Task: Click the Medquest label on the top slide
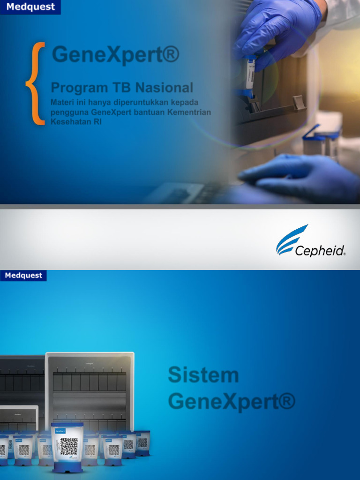[x=30, y=7]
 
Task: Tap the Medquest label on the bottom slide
[x=23, y=276]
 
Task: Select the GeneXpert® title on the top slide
[x=115, y=54]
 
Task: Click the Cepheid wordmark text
[x=320, y=251]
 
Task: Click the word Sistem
[x=203, y=375]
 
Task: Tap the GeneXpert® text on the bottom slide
[x=232, y=402]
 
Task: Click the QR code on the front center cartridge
[x=69, y=446]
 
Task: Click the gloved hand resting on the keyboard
[x=300, y=177]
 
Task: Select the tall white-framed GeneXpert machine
[x=90, y=389]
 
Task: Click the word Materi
[x=62, y=103]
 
